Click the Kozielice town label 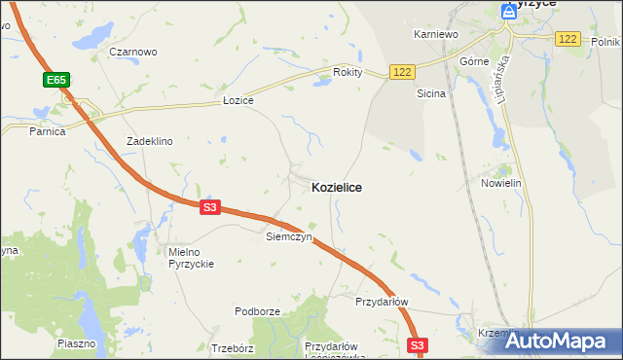[x=337, y=187]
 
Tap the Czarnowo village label [x=133, y=52]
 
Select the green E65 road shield [x=55, y=79]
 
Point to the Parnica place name [x=47, y=131]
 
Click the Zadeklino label [x=149, y=141]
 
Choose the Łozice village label [x=238, y=101]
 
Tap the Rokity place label [x=348, y=72]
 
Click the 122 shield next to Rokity [x=403, y=72]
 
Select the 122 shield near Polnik [x=568, y=39]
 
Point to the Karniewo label [x=435, y=34]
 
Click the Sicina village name [x=431, y=94]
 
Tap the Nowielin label [x=502, y=183]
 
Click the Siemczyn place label [x=288, y=236]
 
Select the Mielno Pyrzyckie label [x=190, y=257]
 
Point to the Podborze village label [x=257, y=311]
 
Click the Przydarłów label [x=381, y=302]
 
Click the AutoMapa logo [x=560, y=341]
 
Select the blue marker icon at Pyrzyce [x=508, y=11]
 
